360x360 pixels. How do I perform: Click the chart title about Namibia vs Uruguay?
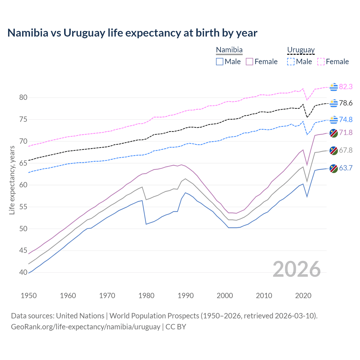pos(132,33)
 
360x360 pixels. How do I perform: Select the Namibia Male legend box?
pos(220,62)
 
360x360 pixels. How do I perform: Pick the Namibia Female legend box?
pos(249,62)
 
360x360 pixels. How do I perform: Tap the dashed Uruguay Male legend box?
pos(291,62)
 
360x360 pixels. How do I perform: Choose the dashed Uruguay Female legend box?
pos(321,62)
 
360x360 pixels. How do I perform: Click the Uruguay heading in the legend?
pos(301,50)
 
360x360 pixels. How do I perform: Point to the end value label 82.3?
pos(346,87)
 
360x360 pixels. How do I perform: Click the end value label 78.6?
pos(346,103)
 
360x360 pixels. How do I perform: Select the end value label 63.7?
pos(346,168)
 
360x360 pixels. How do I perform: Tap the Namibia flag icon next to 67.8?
pos(334,150)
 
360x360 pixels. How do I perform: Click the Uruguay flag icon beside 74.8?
pos(334,120)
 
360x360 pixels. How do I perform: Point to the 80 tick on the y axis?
pos(23,98)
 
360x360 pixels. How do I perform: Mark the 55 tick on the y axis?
pos(23,207)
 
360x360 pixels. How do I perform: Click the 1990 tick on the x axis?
pos(186,296)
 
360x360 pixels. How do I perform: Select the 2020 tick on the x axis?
pos(303,296)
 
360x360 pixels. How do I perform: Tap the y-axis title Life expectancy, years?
pos(12,180)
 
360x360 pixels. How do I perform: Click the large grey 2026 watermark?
pos(297,269)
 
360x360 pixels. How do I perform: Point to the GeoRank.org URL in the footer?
pos(85,327)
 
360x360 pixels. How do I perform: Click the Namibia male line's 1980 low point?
pos(146,224)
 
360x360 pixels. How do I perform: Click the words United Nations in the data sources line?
pos(80,316)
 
